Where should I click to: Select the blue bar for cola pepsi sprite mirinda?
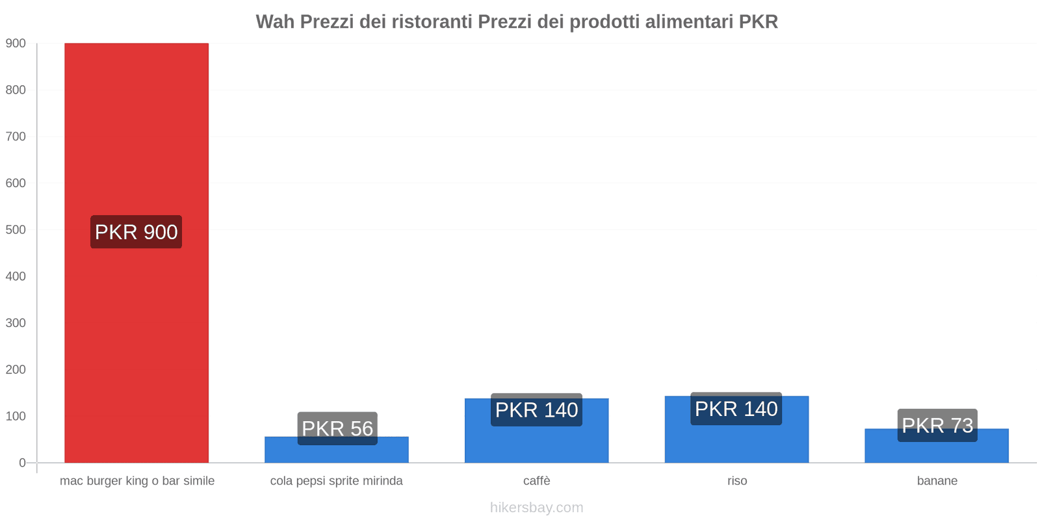point(337,454)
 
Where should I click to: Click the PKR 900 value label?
point(136,232)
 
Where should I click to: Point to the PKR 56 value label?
point(337,428)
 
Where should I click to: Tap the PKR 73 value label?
point(937,425)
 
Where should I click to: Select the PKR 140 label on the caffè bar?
point(537,410)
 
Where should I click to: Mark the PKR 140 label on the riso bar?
point(736,409)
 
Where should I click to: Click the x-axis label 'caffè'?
point(537,481)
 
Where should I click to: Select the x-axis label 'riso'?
point(737,481)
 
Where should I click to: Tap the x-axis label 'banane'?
point(937,481)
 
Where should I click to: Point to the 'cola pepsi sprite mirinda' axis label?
point(337,481)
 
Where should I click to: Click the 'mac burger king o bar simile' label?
point(137,481)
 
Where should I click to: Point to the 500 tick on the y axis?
point(16,230)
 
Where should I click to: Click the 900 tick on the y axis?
point(16,44)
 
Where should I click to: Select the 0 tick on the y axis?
point(22,463)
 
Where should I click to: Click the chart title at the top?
point(517,21)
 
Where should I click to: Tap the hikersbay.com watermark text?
point(537,508)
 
